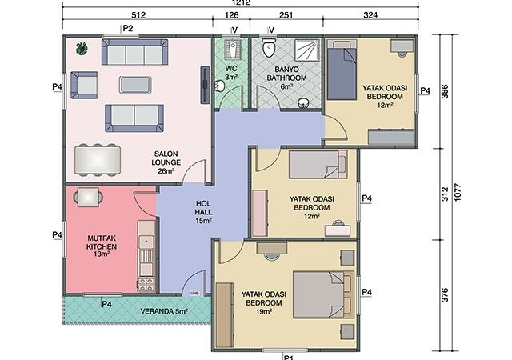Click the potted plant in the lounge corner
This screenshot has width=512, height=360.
[x=82, y=49]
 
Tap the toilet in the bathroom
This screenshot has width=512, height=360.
[x=269, y=48]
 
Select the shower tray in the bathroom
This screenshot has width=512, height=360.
[x=307, y=50]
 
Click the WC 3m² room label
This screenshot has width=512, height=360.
[x=231, y=73]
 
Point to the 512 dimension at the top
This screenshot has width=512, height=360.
[x=138, y=14]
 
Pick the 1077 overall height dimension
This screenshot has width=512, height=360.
[x=457, y=193]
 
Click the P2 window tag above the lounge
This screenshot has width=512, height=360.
[x=128, y=29]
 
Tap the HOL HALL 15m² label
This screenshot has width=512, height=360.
[x=203, y=212]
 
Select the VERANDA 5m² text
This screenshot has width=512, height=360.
[x=164, y=311]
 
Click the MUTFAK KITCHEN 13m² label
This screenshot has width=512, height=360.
[x=102, y=246]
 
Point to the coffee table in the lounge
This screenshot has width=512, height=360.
[x=135, y=85]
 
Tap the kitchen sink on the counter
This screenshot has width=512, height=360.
[x=146, y=242]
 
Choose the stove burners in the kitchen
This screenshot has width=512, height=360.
[x=146, y=285]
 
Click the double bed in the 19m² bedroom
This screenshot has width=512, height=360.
[x=324, y=294]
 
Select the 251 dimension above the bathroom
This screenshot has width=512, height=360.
[x=286, y=14]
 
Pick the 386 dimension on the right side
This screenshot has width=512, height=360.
[x=445, y=91]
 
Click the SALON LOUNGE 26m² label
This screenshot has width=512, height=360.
[x=166, y=162]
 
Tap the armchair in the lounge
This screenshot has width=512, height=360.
[x=84, y=85]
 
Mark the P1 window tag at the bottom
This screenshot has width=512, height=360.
[x=288, y=357]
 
